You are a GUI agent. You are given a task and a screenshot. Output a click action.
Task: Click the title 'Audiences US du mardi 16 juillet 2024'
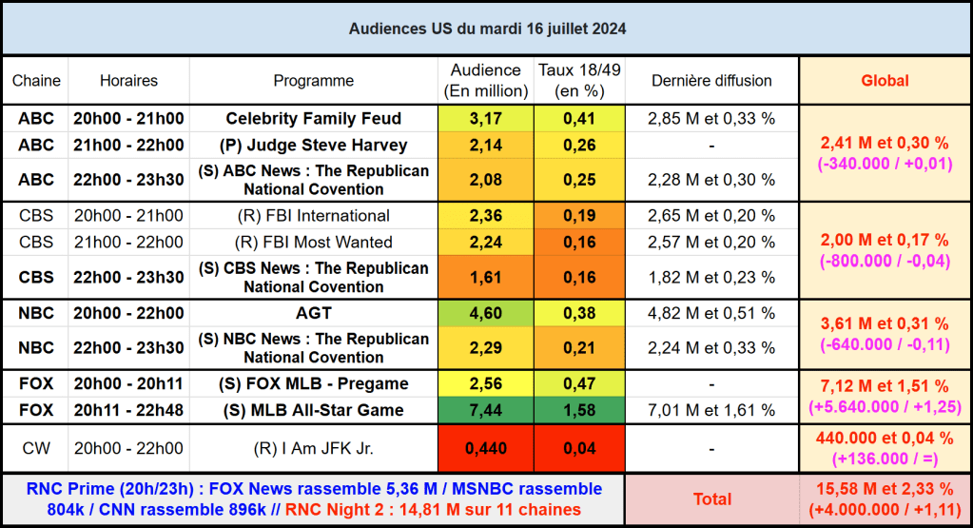[x=486, y=29]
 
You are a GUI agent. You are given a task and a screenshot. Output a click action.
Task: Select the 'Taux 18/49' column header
[x=578, y=81]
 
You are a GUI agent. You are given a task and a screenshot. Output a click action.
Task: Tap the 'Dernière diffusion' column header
[x=711, y=81]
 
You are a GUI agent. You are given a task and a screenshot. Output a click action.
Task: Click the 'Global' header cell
[x=885, y=81]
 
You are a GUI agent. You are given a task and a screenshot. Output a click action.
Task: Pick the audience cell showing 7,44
[x=485, y=410]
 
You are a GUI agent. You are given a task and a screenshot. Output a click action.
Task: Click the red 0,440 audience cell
[x=485, y=449]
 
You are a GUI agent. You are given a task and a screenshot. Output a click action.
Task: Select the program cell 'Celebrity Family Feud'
[x=313, y=119]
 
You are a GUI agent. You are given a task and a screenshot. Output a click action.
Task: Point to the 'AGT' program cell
[x=313, y=313]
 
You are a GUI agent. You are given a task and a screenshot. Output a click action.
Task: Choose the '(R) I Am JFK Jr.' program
[x=313, y=449]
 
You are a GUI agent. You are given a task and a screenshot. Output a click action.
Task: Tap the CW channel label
[x=36, y=449]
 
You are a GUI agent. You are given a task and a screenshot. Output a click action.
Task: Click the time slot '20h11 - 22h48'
[x=128, y=410]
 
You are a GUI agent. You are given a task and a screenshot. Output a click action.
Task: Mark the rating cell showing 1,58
[x=578, y=410]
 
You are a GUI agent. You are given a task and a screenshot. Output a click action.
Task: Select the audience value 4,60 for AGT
[x=485, y=313]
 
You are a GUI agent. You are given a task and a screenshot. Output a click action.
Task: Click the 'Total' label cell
[x=711, y=499]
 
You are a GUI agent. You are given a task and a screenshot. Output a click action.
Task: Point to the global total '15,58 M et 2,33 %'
[x=885, y=489]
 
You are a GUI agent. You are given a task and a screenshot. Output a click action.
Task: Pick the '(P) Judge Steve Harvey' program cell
[x=313, y=146]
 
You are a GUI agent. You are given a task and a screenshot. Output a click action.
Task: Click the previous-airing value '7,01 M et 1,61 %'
[x=711, y=410]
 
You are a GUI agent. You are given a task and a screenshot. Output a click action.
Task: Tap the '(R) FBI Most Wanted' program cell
[x=313, y=242]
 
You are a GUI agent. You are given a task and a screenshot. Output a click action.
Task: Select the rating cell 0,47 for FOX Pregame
[x=578, y=383]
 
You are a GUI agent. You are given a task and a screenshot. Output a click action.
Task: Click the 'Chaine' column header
[x=36, y=81]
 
